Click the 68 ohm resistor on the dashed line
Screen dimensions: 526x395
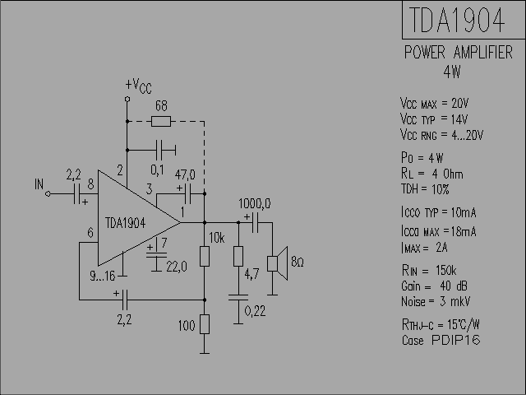point(161,121)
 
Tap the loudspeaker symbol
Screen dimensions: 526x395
point(278,263)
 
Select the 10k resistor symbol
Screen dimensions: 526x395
point(205,256)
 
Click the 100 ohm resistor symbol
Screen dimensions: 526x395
point(205,324)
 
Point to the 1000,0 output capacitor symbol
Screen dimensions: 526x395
point(255,222)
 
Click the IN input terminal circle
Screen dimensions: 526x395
point(48,194)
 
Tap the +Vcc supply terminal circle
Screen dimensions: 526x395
point(127,99)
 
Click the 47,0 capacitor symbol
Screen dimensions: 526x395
point(188,194)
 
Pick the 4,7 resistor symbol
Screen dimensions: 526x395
point(238,256)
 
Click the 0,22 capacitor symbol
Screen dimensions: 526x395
point(238,297)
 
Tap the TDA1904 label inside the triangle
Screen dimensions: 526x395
point(125,223)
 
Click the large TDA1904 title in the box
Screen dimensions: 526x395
point(457,20)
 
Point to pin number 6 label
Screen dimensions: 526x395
point(90,232)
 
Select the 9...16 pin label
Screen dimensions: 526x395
point(102,276)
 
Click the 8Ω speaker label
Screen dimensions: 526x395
point(298,262)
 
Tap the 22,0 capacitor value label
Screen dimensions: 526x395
point(177,267)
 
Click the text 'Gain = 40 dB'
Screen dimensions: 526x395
point(434,286)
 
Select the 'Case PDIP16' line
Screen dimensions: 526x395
point(441,340)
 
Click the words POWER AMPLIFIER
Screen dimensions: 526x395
point(459,53)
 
